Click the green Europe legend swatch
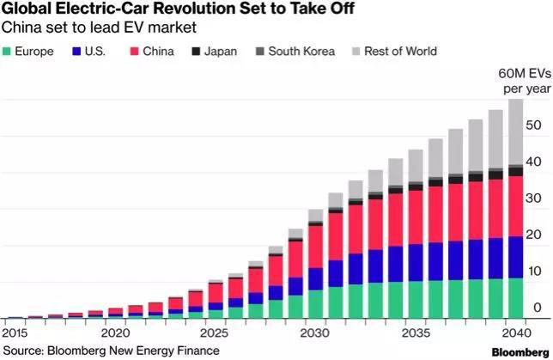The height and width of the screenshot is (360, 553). coord(9,52)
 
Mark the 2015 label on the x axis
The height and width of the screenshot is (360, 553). coord(15,333)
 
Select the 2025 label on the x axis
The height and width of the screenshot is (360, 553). coord(215,333)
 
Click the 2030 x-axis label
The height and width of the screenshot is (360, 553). coord(315,333)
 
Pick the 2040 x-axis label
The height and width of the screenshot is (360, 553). coord(514,333)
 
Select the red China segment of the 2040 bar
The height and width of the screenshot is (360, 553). coord(515,206)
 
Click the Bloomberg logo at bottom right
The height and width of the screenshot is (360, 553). coord(520,351)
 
